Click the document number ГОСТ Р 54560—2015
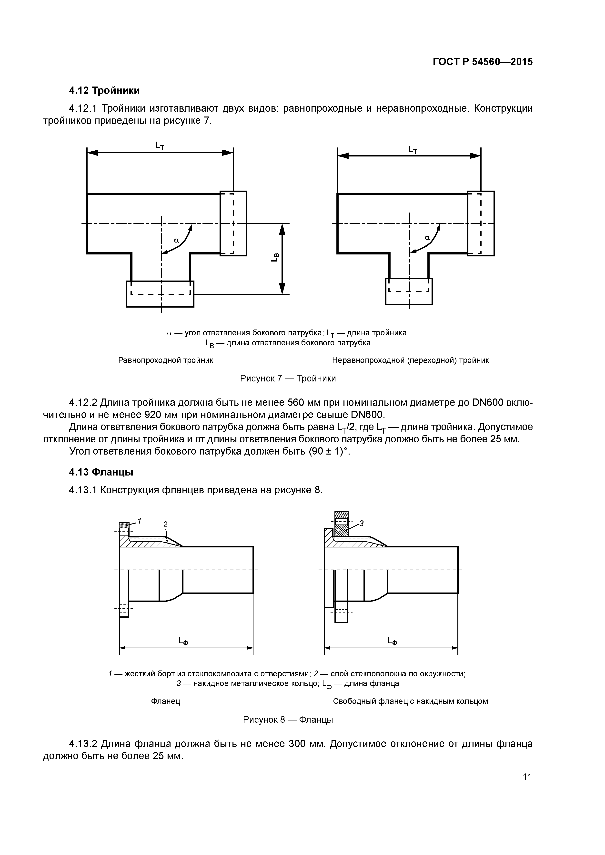[x=483, y=62]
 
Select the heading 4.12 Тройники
[x=104, y=90]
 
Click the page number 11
[x=527, y=777]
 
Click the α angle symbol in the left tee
[x=177, y=241]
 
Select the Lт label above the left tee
[x=160, y=145]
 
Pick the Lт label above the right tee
[x=413, y=150]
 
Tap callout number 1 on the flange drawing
[x=139, y=520]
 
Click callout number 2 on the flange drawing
[x=165, y=524]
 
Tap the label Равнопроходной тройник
[x=165, y=360]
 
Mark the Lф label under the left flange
[x=183, y=641]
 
